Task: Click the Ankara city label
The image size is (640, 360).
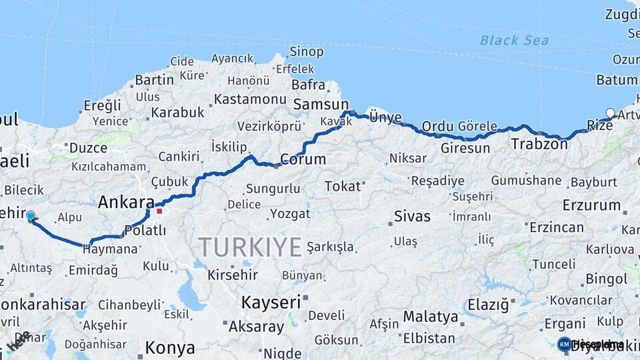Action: click(126, 202)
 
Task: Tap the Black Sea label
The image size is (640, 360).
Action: click(514, 41)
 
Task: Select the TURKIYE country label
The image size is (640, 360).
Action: click(250, 247)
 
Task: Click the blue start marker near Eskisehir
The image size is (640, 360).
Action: click(30, 215)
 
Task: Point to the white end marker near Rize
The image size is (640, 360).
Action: click(609, 113)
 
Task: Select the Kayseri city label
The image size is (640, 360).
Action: click(271, 302)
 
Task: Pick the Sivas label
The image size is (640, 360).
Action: click(412, 216)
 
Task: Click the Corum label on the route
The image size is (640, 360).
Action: click(303, 159)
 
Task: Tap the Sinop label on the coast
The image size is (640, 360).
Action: click(306, 51)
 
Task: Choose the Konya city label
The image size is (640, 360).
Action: click(170, 347)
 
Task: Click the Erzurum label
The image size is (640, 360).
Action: click(591, 205)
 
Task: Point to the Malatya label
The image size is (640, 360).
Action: click(430, 316)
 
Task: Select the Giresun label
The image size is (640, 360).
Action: click(465, 147)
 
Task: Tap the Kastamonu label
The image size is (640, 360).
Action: click(250, 99)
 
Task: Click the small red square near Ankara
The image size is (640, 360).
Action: click(159, 211)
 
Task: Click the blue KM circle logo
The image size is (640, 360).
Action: click(564, 344)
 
